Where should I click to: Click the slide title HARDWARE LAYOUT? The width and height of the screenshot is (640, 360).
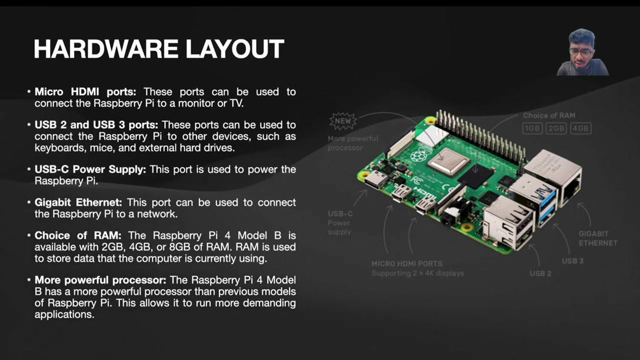(x=159, y=49)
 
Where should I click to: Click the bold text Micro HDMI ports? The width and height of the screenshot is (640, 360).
(x=85, y=92)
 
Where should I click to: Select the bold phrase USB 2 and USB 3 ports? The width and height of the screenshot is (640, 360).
(x=96, y=125)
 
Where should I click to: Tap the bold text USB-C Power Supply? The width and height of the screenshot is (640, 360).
(x=90, y=169)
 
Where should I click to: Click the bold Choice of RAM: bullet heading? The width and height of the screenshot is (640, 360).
(x=78, y=235)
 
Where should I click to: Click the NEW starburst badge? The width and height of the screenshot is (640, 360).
(x=342, y=121)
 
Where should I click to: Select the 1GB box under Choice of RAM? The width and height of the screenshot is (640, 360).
(x=532, y=128)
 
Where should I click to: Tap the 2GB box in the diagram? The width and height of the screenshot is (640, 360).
(x=556, y=128)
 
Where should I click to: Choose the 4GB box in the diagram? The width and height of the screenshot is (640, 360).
(x=581, y=128)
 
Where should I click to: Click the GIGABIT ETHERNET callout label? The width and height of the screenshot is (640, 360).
(x=598, y=238)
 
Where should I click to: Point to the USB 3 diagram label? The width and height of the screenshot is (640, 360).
(x=572, y=261)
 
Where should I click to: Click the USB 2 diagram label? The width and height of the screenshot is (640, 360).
(x=540, y=274)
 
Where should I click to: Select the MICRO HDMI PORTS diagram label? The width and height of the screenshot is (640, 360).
(x=406, y=264)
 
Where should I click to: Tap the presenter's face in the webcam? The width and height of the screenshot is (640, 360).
(x=581, y=52)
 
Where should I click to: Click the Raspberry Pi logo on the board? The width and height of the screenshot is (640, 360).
(x=418, y=156)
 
